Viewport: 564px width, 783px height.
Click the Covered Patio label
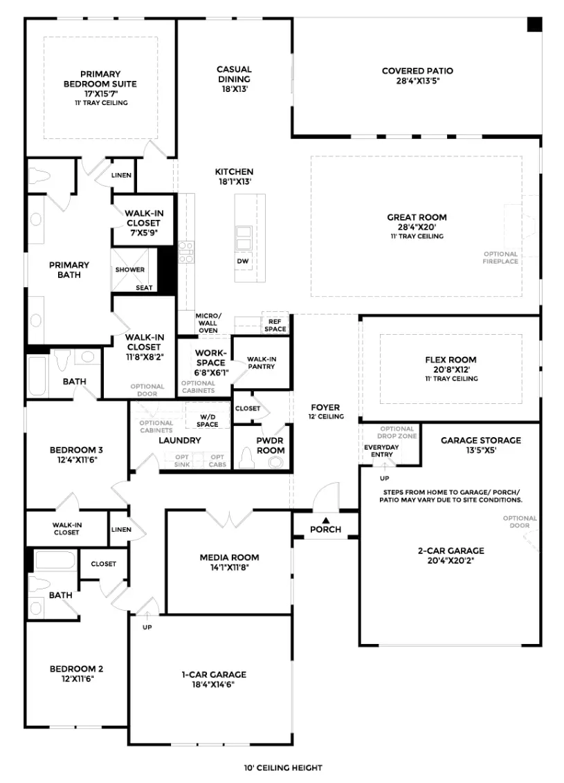[417, 71]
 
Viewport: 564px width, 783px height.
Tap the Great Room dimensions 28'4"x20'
[417, 227]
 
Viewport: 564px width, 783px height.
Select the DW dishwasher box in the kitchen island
[243, 261]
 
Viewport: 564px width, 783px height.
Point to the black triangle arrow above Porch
[326, 520]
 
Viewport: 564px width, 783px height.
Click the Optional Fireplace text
[500, 258]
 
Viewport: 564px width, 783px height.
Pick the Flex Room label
[451, 360]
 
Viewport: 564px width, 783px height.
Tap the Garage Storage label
[480, 441]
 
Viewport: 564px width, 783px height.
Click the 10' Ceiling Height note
[283, 768]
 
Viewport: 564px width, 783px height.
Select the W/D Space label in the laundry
[208, 421]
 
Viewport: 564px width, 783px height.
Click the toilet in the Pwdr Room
[246, 457]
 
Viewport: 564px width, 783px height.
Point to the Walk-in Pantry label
[262, 362]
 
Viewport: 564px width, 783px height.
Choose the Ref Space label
[275, 325]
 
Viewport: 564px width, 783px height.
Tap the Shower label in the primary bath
[130, 270]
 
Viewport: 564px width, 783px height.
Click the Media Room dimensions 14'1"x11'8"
[229, 567]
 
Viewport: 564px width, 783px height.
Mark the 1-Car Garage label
[214, 674]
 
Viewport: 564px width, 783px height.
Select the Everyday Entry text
[382, 451]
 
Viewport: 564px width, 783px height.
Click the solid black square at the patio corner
[534, 24]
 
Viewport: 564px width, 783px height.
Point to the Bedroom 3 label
[76, 450]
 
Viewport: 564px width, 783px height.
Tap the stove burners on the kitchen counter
[186, 252]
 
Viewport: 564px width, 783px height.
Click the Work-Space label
[211, 358]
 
